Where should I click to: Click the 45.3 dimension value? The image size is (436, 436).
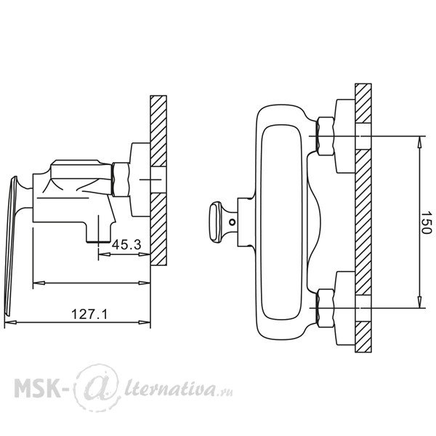[126, 245]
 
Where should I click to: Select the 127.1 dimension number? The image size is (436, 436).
[89, 314]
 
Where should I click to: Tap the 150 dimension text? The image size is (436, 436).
[426, 222]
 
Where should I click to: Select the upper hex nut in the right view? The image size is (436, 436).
[326, 137]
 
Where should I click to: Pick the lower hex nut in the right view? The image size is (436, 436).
[326, 308]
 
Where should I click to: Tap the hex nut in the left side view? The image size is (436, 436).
[121, 179]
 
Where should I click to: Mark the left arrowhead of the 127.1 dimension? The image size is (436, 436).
[11, 323]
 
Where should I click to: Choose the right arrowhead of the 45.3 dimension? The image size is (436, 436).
[145, 254]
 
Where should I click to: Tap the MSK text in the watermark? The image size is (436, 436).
[37, 387]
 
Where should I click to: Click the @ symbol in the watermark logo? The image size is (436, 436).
[97, 387]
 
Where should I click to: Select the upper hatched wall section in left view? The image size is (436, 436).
[158, 131]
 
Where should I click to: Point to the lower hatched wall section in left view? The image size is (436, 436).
[158, 229]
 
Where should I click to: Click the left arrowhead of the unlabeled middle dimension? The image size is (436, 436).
[39, 283]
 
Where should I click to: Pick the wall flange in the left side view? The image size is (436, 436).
[140, 179]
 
